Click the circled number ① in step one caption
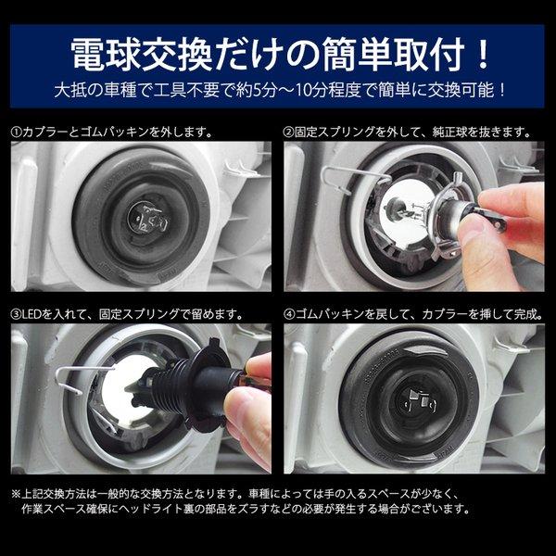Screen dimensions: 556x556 point(17,133)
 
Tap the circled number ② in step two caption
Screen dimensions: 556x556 point(289,133)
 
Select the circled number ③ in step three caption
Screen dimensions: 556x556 point(17,314)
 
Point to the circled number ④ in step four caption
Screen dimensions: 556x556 point(289,314)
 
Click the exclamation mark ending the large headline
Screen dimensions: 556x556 point(482,54)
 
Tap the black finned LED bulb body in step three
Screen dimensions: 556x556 point(184,386)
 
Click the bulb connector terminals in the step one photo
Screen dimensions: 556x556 point(149,218)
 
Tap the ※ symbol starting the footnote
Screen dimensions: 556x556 point(17,494)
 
